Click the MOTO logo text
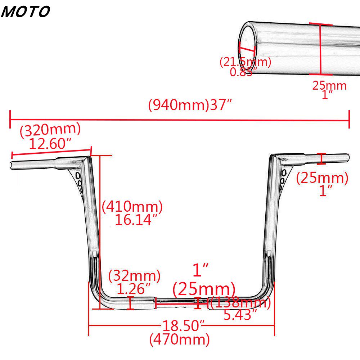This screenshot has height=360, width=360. (25, 12)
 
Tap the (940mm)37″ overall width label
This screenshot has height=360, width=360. (190, 105)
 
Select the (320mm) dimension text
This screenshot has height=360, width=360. (50, 130)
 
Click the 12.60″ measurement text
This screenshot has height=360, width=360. (50, 144)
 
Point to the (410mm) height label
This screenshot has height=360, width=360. (132, 206)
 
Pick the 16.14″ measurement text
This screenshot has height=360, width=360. (136, 220)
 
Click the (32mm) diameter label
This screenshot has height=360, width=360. (134, 276)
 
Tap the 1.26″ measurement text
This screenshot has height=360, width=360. (134, 289)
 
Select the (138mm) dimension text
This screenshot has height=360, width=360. (240, 303)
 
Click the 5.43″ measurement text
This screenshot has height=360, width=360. (240, 315)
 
